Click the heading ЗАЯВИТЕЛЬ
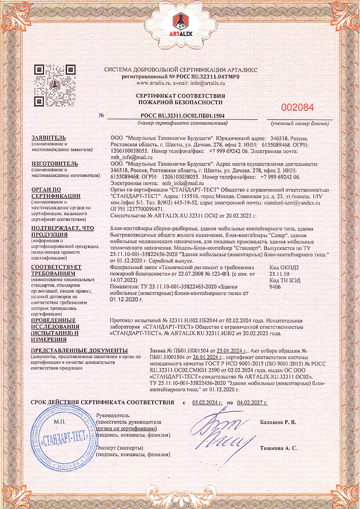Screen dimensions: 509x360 pyautogui.click(x=48, y=138)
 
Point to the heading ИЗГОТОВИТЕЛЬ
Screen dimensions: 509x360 pyautogui.click(x=54, y=163)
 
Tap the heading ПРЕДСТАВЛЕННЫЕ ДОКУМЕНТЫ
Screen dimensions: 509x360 pyautogui.click(x=79, y=351)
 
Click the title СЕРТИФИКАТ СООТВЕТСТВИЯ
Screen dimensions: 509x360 pyautogui.click(x=181, y=96)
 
